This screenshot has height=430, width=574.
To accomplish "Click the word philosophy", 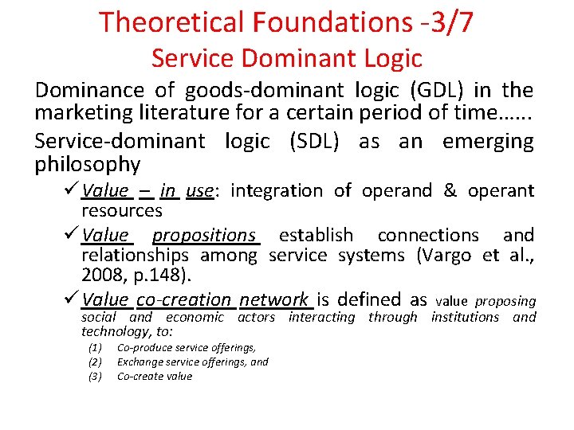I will pyautogui.click(x=88, y=165).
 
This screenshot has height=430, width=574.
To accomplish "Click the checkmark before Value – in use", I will pyautogui.click(x=71, y=190).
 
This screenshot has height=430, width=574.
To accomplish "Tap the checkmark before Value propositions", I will pyautogui.click(x=71, y=235).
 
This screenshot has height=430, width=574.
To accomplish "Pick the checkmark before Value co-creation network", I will pyautogui.click(x=71, y=299).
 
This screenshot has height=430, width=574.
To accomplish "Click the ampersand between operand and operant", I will pyautogui.click(x=450, y=190).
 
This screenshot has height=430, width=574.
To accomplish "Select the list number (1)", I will pyautogui.click(x=96, y=348).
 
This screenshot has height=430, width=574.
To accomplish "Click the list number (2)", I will pyautogui.click(x=96, y=362).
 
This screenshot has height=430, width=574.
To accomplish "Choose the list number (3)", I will pyautogui.click(x=96, y=377).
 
